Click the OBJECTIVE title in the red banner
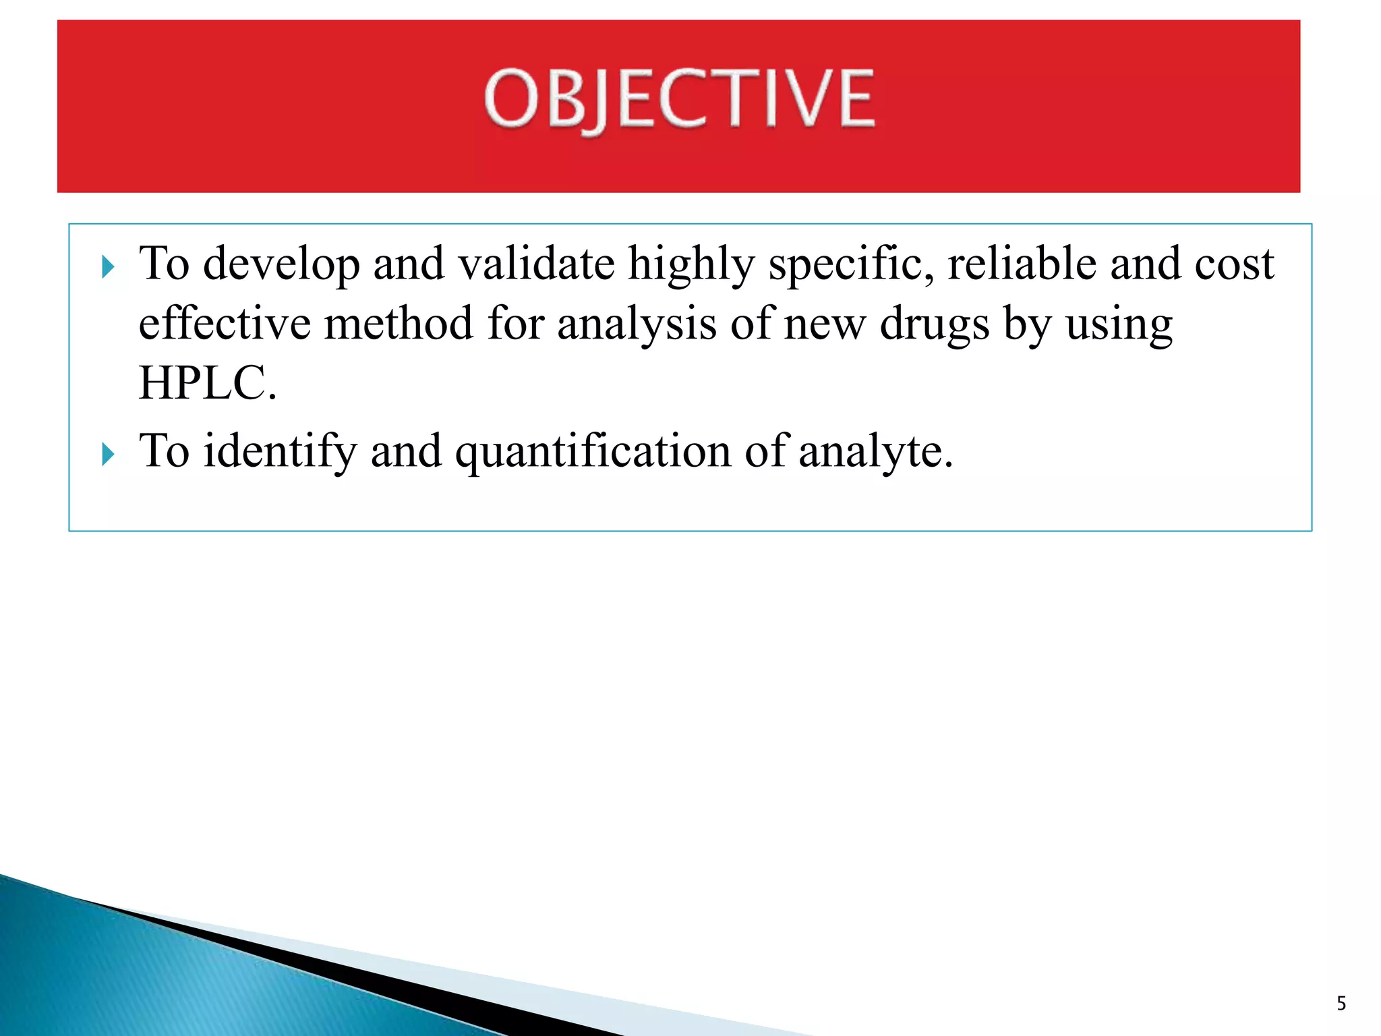[x=679, y=100]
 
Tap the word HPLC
[x=207, y=383]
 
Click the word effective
[x=225, y=323]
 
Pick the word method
[x=399, y=323]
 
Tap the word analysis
[x=637, y=324]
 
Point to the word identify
[x=280, y=451]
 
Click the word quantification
[x=593, y=451]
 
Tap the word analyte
[x=876, y=451]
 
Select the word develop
[x=281, y=264]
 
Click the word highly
[x=690, y=264]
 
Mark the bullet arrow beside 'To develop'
[x=108, y=267]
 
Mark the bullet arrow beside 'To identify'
[x=108, y=455]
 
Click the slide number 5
[x=1341, y=1004]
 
